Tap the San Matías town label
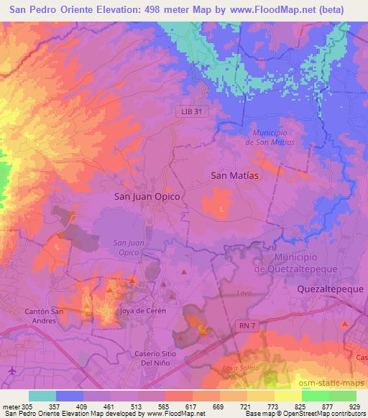[x=234, y=175]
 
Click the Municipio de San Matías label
[x=270, y=137]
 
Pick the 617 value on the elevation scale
[x=193, y=407]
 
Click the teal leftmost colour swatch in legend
[x=42, y=396]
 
